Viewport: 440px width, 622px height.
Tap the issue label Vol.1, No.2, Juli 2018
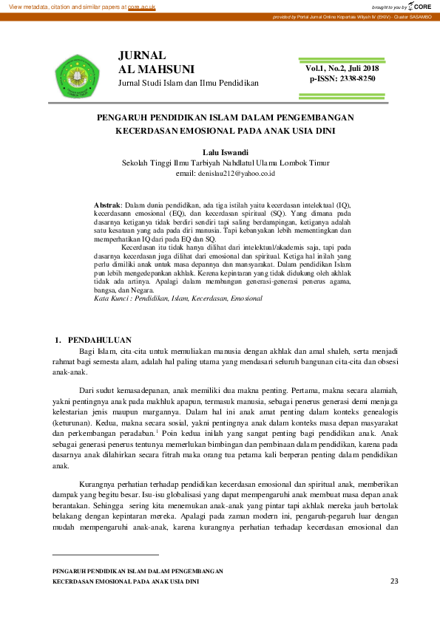(x=342, y=69)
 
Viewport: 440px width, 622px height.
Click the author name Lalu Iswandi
(x=226, y=152)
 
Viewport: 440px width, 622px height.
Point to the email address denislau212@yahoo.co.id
(x=226, y=173)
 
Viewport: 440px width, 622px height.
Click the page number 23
(x=393, y=581)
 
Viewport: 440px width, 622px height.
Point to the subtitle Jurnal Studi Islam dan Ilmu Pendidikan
(x=189, y=83)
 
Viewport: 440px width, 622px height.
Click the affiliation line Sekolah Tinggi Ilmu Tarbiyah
(x=226, y=163)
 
